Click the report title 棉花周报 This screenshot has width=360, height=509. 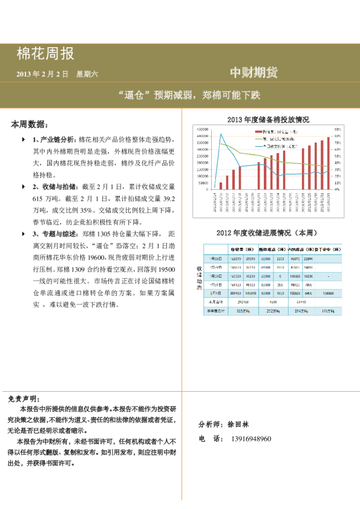tap(45, 54)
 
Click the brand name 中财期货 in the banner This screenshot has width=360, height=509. tap(254, 73)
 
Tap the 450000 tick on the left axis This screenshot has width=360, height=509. tap(202, 129)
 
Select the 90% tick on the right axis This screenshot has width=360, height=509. tap(338, 129)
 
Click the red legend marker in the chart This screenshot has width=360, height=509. tap(258, 131)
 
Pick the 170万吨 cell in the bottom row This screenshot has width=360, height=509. tap(327, 311)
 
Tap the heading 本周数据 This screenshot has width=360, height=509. tap(29, 124)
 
